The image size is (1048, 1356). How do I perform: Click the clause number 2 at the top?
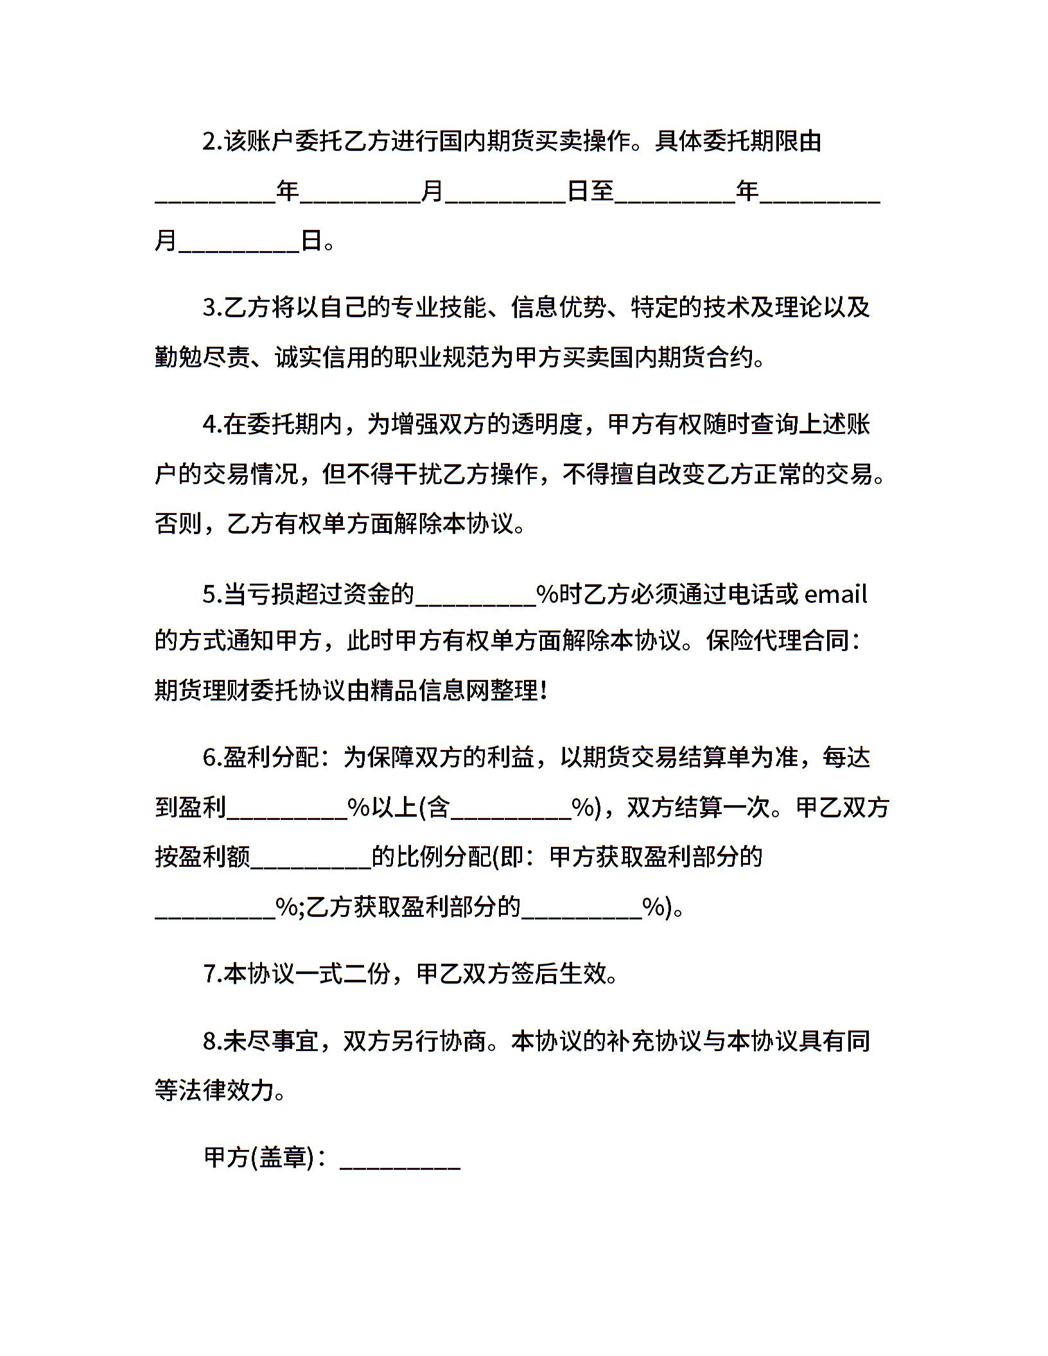click(x=209, y=141)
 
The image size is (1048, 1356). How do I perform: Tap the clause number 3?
click(x=209, y=308)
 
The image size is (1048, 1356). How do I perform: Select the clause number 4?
click(x=209, y=425)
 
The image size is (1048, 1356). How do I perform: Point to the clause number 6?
click(x=209, y=758)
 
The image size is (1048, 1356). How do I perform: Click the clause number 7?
click(x=209, y=974)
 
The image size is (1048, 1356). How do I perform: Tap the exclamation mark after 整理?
click(x=544, y=691)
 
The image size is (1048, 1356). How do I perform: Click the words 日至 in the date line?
click(x=591, y=191)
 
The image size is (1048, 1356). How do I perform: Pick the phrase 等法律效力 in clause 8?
click(x=214, y=1090)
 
